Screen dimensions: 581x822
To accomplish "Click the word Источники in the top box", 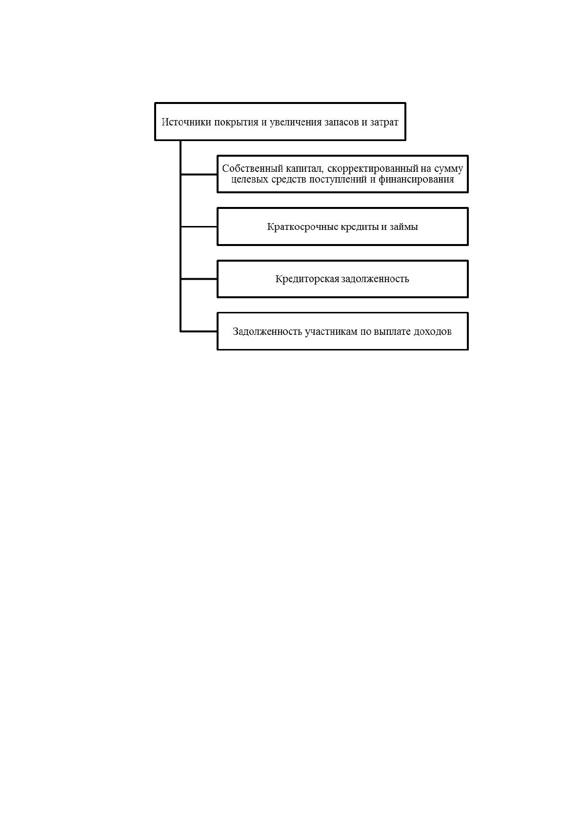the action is [186, 122].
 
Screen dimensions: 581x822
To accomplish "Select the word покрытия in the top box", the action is [236, 123].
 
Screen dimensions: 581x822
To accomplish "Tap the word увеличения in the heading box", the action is [295, 123].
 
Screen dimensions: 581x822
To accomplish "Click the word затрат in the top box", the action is [384, 123].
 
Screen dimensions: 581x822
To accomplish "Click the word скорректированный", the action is [373, 169].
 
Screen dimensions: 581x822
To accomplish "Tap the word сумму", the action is [449, 169].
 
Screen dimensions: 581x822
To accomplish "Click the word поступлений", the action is [338, 180].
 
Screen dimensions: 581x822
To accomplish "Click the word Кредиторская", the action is [307, 279].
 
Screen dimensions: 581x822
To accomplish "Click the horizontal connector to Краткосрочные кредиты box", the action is [199, 227].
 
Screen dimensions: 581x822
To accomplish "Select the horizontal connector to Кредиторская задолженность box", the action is [199, 279].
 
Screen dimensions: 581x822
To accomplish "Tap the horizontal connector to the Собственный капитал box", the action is [199, 174].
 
